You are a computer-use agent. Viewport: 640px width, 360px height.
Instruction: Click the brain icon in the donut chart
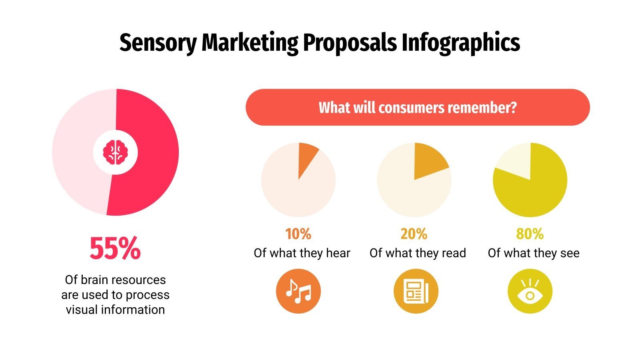[115, 152]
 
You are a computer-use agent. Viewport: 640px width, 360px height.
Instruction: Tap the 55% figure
[115, 248]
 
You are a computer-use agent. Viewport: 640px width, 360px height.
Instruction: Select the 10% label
[298, 234]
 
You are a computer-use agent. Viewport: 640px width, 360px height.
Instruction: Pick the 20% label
[414, 234]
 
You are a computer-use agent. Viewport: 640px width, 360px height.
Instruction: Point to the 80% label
[530, 234]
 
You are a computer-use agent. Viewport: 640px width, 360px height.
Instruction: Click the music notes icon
[298, 291]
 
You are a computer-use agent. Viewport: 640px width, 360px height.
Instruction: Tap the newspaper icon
[416, 291]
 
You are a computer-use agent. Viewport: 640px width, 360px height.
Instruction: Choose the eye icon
[530, 291]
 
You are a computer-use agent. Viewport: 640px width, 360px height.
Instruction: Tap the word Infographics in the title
[460, 43]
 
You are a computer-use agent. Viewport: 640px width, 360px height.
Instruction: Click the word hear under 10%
[338, 253]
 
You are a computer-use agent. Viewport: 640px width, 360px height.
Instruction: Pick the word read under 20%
[454, 253]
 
